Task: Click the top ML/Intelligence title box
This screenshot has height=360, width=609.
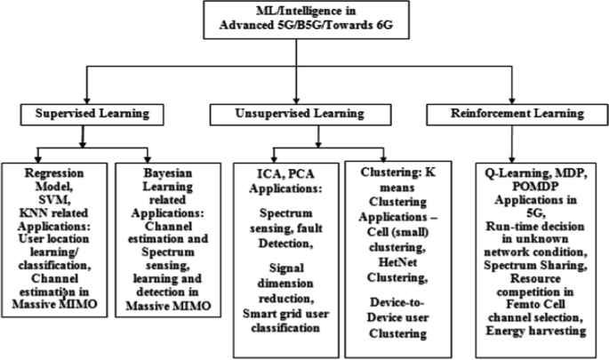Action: click(303, 20)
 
